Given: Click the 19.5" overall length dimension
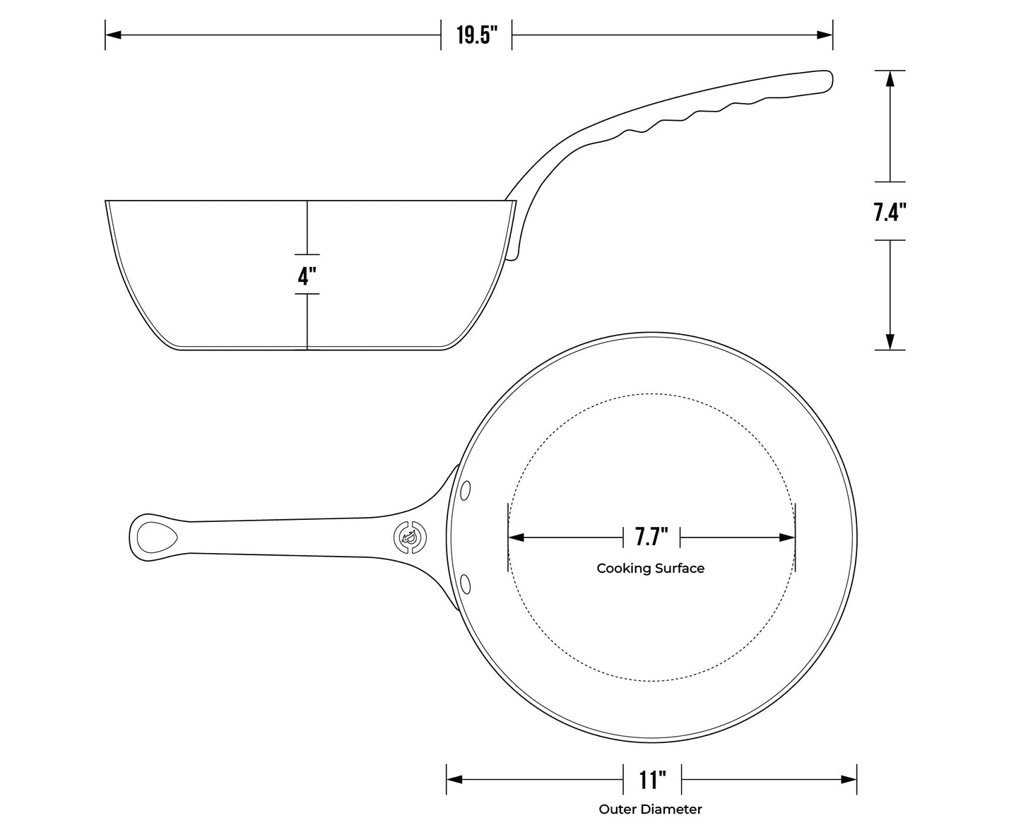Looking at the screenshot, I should [x=476, y=35].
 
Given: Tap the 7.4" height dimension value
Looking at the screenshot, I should [x=890, y=211].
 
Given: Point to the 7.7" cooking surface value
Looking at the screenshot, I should [x=651, y=537].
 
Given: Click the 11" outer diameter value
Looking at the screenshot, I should [x=652, y=780].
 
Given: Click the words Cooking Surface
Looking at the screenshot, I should [x=650, y=568].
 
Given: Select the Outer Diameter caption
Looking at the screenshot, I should [x=650, y=809].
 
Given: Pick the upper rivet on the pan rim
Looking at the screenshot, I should [x=466, y=489].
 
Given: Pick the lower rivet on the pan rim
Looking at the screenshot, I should [x=466, y=583].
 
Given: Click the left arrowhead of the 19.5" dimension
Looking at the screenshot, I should [x=113, y=35].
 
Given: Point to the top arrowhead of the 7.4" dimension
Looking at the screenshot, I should [x=890, y=78].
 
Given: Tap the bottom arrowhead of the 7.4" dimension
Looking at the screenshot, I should [x=890, y=342].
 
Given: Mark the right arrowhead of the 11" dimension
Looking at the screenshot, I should [x=849, y=780].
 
